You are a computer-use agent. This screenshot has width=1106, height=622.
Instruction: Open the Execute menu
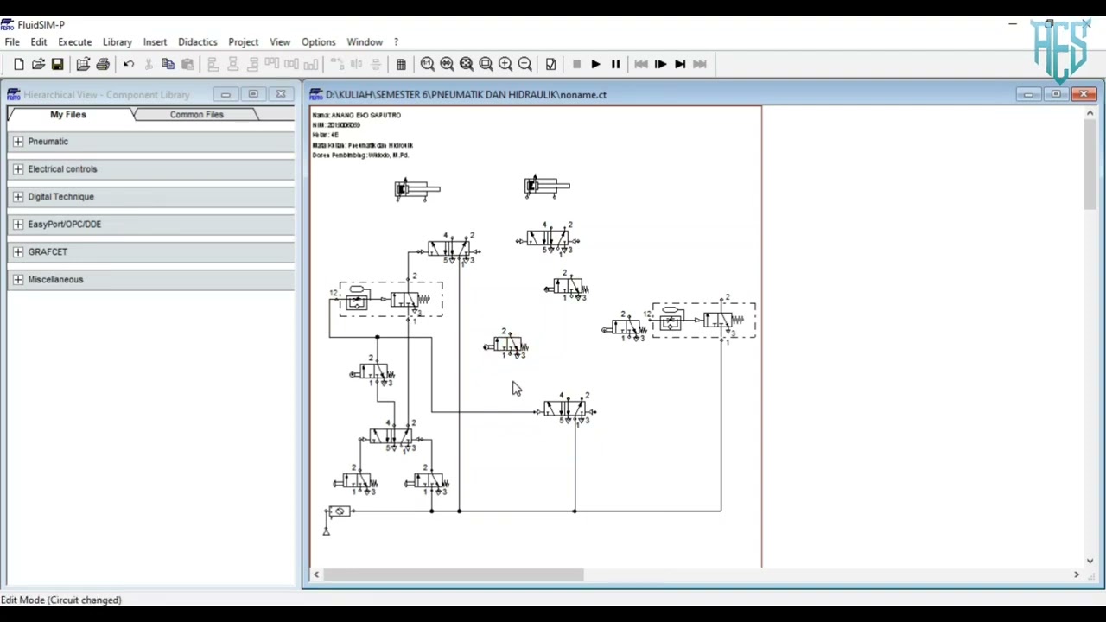click(x=74, y=41)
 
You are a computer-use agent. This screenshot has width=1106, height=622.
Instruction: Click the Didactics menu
click(x=197, y=41)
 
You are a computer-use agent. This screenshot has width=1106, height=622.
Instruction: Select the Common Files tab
click(x=196, y=114)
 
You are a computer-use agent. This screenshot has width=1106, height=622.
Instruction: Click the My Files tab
click(x=67, y=114)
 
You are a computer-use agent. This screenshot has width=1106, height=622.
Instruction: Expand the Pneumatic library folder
click(x=18, y=142)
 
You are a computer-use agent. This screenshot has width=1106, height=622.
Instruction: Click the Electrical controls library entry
click(x=62, y=169)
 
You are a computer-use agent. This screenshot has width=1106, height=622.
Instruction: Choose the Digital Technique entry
click(x=60, y=197)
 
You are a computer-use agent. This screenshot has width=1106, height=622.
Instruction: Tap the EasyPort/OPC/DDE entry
click(x=64, y=225)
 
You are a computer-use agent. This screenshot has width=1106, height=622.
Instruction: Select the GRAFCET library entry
click(x=48, y=252)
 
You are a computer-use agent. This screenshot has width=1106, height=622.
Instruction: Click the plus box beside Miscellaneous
click(x=18, y=280)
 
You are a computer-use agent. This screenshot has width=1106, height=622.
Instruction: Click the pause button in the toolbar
click(x=615, y=64)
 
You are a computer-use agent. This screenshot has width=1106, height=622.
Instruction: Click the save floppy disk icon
click(x=57, y=64)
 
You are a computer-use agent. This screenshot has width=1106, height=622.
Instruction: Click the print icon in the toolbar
click(x=103, y=64)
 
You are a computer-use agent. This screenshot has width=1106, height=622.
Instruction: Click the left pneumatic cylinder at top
click(x=416, y=188)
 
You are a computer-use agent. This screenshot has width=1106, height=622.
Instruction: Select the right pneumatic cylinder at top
click(x=546, y=187)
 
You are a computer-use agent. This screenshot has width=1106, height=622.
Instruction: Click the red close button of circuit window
click(x=1084, y=94)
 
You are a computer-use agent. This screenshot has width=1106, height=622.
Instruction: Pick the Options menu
click(x=318, y=41)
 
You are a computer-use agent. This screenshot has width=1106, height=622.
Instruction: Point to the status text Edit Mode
click(x=60, y=600)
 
